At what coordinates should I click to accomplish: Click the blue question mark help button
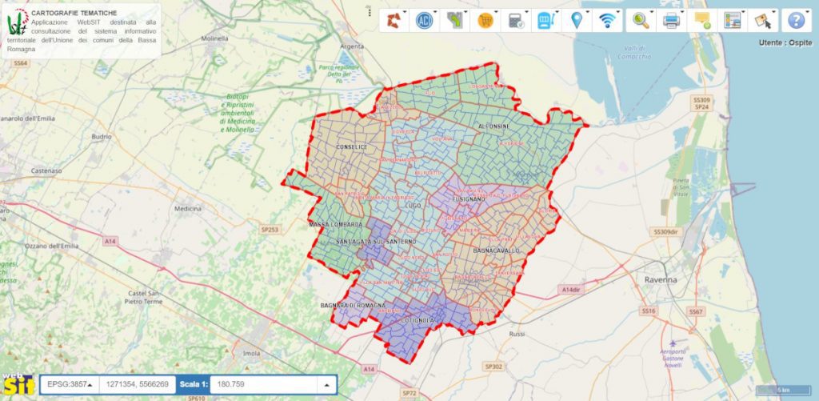tap(795, 20)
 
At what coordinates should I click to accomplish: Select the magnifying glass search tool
tap(641, 20)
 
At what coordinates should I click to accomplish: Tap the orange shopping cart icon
tap(485, 20)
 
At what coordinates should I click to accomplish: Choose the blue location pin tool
tap(577, 20)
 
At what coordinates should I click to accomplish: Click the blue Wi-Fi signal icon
tap(607, 20)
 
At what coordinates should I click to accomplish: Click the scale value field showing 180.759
tap(272, 385)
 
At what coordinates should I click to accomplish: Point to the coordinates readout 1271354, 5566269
tap(137, 385)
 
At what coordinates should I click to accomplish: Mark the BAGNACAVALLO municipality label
tap(497, 251)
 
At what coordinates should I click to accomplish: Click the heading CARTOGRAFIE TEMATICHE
tap(74, 13)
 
